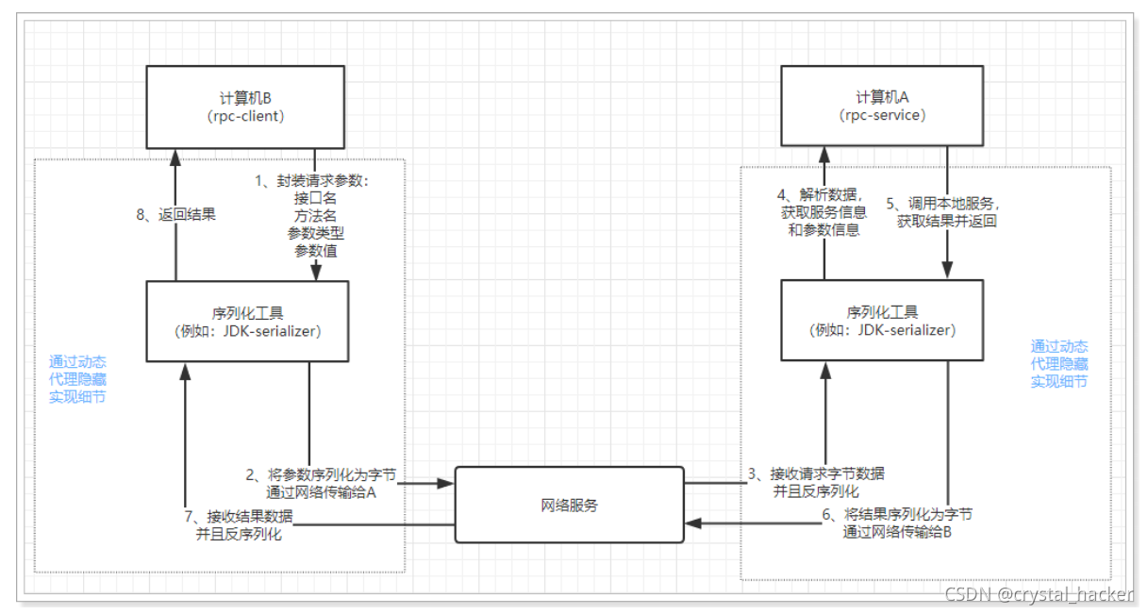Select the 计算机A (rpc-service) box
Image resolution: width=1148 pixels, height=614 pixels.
pos(882,107)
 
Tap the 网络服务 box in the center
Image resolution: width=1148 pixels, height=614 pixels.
pos(569,505)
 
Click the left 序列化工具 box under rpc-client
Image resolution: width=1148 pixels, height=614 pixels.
pos(248,321)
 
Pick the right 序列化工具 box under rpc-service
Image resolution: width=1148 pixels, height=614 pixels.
pos(882,321)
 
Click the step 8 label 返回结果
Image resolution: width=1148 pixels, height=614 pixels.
pos(176,214)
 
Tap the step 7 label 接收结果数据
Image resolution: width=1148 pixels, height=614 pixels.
pos(239,524)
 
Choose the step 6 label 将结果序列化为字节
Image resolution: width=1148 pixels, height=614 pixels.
pos(895,523)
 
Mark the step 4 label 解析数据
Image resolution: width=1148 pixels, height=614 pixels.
pos(820,212)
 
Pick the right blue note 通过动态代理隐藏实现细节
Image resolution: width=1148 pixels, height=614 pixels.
pos(1058,364)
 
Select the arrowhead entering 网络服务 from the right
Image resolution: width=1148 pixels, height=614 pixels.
pos(691,523)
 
